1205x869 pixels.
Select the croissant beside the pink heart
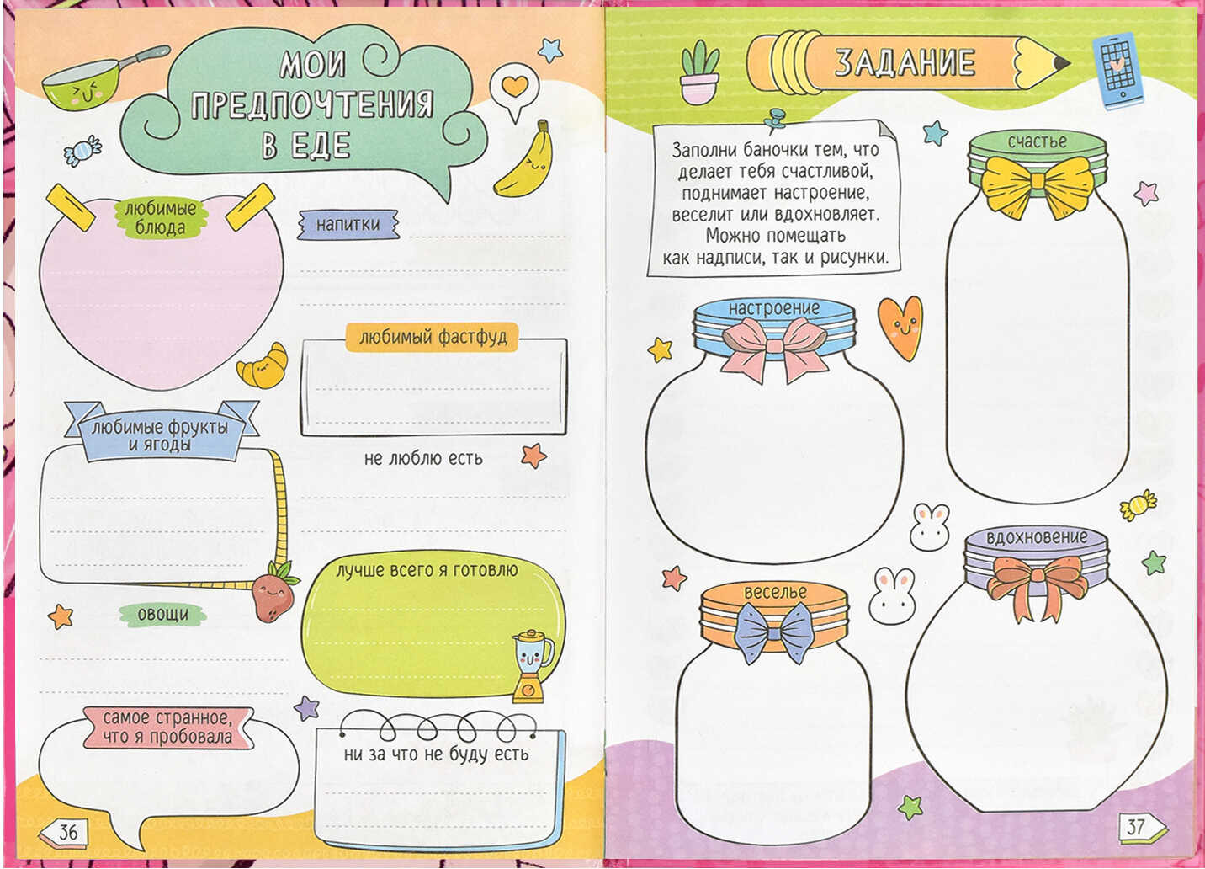263,366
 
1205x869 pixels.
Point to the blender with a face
532,666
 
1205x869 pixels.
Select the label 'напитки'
348,224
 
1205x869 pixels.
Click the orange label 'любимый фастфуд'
433,337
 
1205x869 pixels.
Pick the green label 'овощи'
163,615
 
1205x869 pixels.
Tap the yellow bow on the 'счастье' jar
1038,186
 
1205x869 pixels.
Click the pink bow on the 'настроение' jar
773,347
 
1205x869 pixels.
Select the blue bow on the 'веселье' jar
774,632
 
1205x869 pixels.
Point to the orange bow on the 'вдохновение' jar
1037,584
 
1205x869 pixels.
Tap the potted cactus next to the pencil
699,72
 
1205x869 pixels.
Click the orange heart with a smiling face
900,328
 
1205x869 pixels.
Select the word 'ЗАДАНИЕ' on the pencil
905,62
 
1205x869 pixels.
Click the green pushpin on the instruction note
775,120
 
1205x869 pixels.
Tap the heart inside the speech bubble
515,85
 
